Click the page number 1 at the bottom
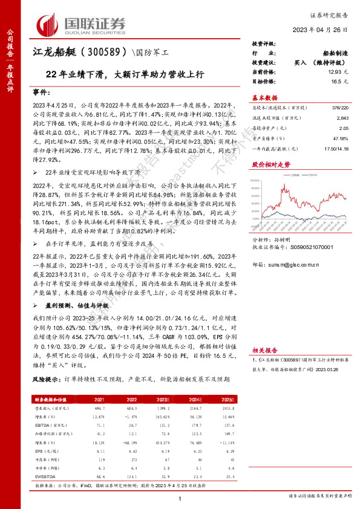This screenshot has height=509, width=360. (x=180, y=497)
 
